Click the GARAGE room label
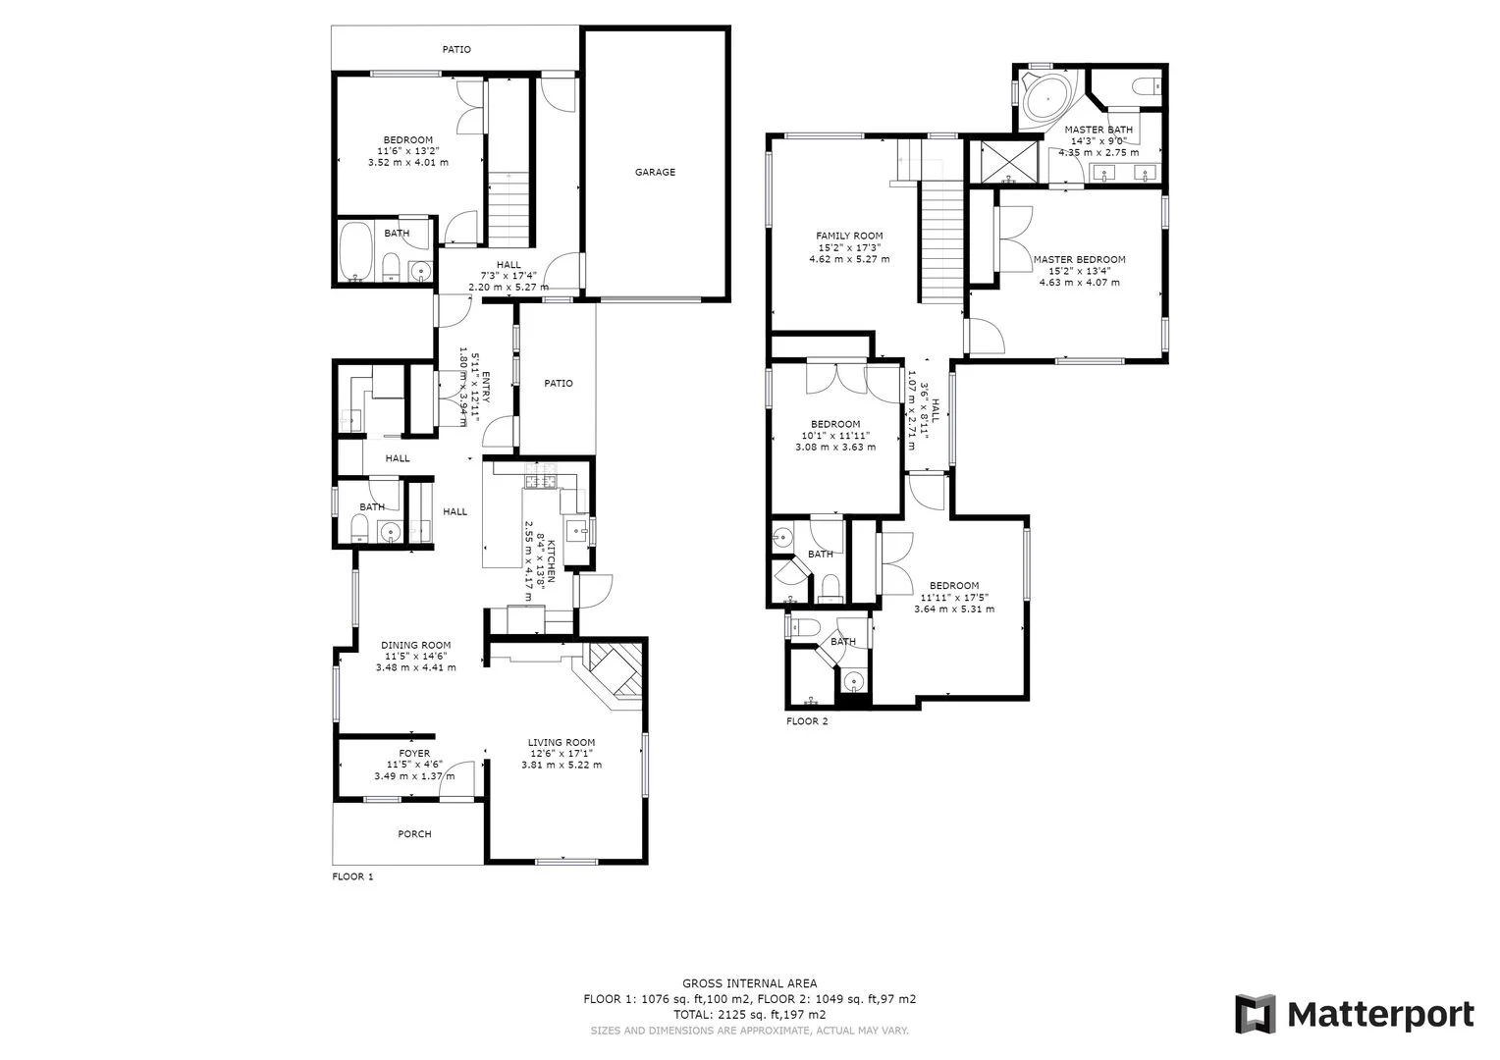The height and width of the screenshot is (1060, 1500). tap(655, 172)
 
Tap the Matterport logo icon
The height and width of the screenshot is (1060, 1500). tap(1256, 1014)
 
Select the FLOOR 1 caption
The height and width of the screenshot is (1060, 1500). tap(352, 876)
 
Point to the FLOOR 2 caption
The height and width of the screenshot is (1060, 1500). tap(807, 721)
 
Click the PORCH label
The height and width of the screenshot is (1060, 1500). tap(414, 833)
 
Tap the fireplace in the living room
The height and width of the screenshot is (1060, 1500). tap(613, 675)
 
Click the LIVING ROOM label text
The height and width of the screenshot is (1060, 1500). tap(562, 742)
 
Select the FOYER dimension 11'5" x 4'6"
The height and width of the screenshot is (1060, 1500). tap(414, 765)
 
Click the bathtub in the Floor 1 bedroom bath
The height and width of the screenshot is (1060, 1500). tap(355, 252)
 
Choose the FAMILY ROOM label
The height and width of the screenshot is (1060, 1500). tap(849, 236)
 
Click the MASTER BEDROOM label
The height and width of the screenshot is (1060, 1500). tap(1080, 259)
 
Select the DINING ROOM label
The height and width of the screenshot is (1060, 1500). tap(416, 645)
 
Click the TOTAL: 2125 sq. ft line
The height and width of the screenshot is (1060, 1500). tap(749, 1015)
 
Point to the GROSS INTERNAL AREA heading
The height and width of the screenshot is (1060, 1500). tap(749, 983)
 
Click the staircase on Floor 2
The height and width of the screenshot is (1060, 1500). tap(941, 241)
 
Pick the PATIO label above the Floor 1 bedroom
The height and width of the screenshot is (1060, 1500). tap(456, 49)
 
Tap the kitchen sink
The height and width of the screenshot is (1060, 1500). tap(576, 530)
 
